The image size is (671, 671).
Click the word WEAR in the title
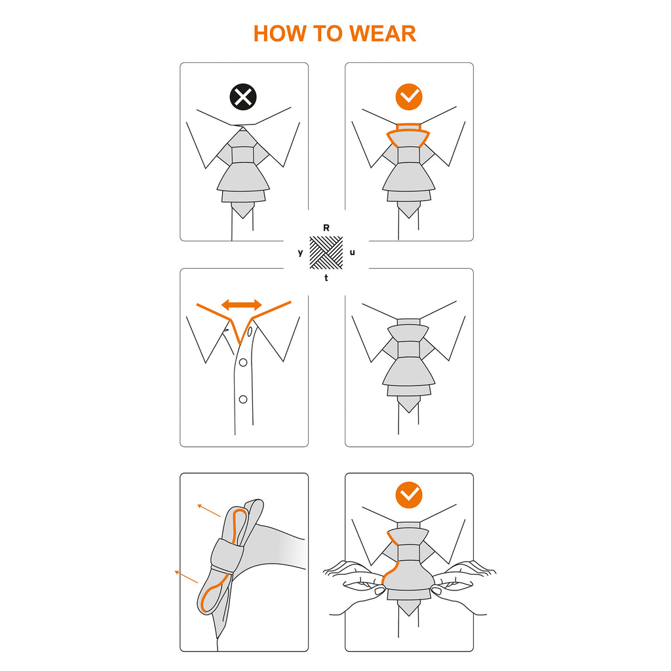tap(383, 34)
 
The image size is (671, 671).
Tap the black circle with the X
tap(243, 97)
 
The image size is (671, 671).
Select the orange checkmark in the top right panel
tap(409, 97)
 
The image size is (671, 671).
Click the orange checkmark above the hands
tap(409, 495)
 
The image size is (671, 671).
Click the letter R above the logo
tap(326, 227)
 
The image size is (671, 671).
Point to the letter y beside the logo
tap(300, 252)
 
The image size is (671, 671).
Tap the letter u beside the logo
tap(352, 252)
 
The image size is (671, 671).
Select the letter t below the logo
tap(326, 278)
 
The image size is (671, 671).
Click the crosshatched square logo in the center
tap(326, 252)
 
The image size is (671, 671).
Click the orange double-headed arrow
tap(241, 305)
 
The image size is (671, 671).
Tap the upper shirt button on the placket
tap(243, 362)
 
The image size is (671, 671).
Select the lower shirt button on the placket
tap(243, 399)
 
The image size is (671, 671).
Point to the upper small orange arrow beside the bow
tap(209, 510)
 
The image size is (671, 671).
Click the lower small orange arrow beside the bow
tap(186, 577)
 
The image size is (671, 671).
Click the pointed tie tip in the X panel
tap(242, 210)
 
